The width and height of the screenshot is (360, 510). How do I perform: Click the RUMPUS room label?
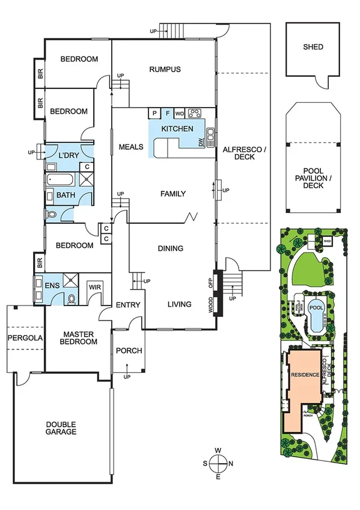pyautogui.click(x=165, y=70)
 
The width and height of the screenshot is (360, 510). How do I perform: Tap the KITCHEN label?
pyautogui.click(x=177, y=129)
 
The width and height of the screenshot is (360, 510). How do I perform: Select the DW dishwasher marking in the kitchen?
pyautogui.click(x=201, y=142)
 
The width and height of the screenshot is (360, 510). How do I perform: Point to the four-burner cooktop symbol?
pyautogui.click(x=195, y=113)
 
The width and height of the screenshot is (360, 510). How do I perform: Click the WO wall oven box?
pyautogui.click(x=180, y=113)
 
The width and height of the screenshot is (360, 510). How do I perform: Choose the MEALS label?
pyautogui.click(x=130, y=146)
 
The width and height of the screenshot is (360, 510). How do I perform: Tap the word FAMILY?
pyautogui.click(x=172, y=194)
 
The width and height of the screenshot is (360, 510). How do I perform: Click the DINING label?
pyautogui.click(x=170, y=248)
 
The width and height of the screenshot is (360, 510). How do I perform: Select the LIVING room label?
pyautogui.click(x=178, y=304)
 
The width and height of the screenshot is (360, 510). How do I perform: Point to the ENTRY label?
pyautogui.click(x=128, y=305)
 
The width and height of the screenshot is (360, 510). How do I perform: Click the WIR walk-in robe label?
pyautogui.click(x=95, y=287)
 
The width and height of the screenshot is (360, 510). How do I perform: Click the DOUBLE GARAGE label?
pyautogui.click(x=61, y=428)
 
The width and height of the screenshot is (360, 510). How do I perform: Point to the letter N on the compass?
pyautogui.click(x=231, y=463)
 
